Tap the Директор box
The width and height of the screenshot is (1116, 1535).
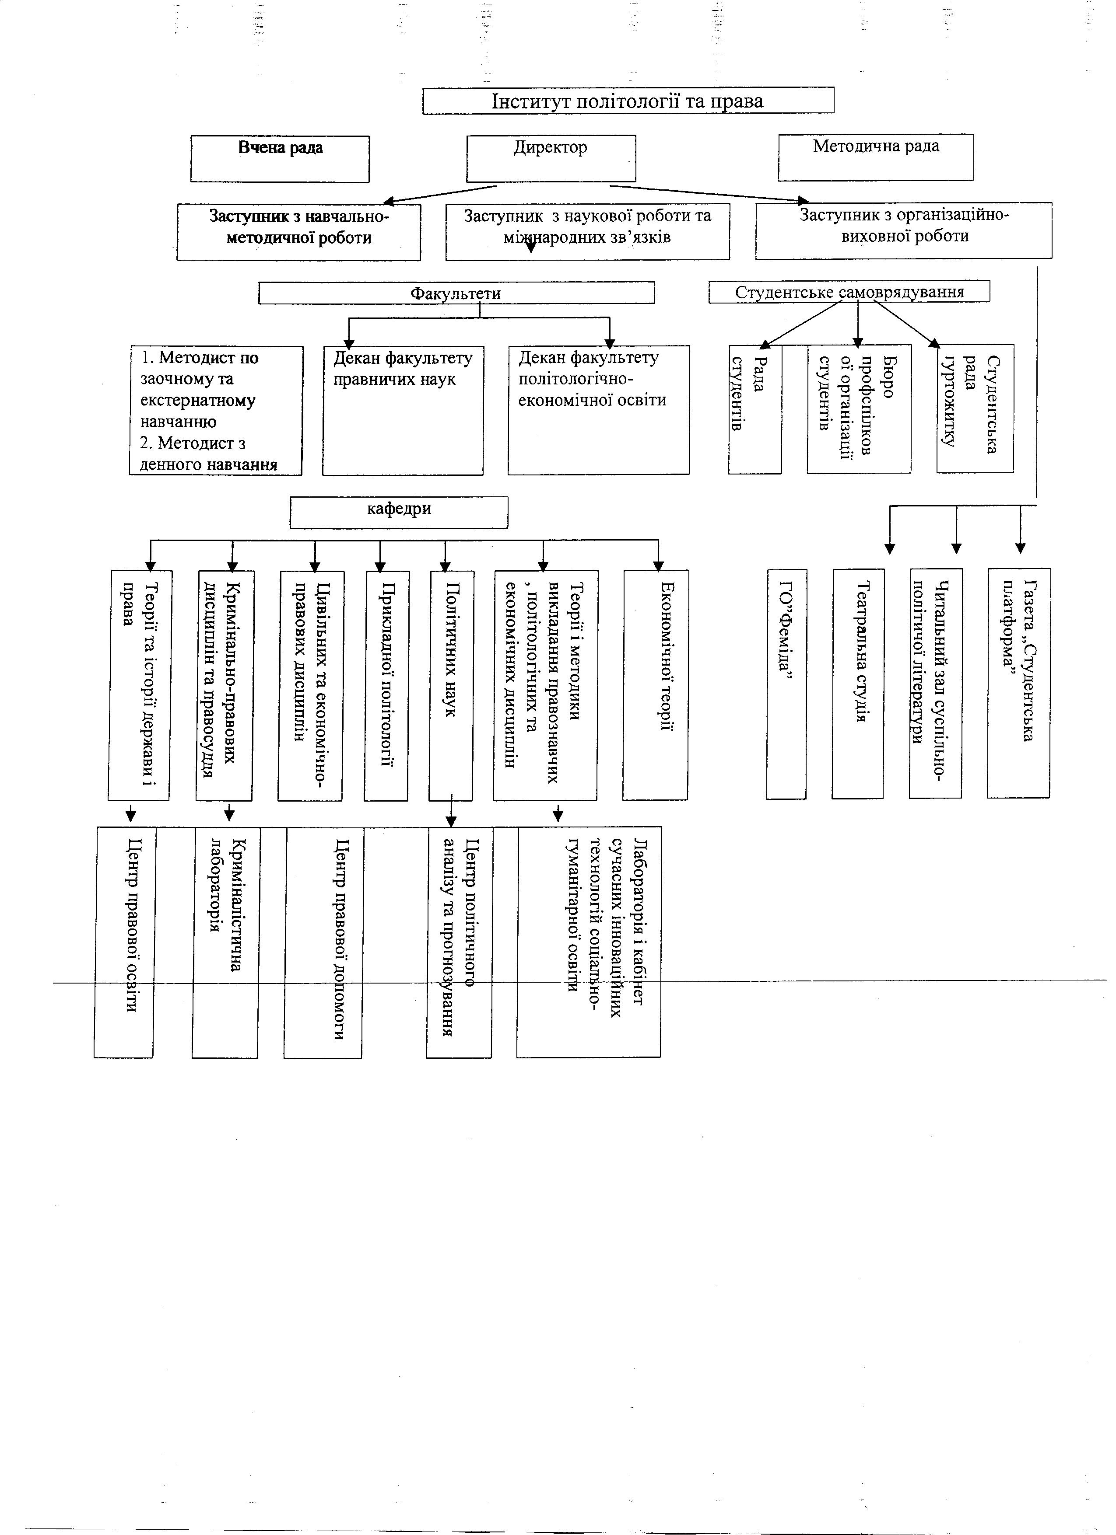[551, 158]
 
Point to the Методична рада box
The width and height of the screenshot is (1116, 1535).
[876, 158]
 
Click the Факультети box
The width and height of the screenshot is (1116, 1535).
[456, 293]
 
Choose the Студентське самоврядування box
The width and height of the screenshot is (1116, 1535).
[849, 292]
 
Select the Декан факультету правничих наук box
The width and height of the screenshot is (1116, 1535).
[403, 411]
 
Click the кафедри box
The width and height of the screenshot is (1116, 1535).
[399, 513]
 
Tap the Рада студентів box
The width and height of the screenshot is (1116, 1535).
[755, 409]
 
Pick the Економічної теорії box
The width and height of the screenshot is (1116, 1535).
[656, 685]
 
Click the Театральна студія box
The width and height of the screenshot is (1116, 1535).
[858, 684]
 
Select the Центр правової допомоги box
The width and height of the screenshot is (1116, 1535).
[323, 942]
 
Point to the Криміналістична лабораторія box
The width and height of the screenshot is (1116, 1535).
[225, 942]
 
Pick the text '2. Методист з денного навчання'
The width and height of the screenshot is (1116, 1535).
[209, 454]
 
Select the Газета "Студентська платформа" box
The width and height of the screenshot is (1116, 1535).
[1018, 684]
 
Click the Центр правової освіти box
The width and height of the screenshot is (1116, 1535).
[125, 942]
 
